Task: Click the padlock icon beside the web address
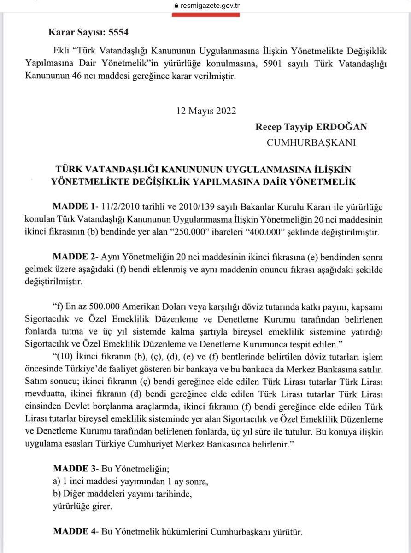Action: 174,6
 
